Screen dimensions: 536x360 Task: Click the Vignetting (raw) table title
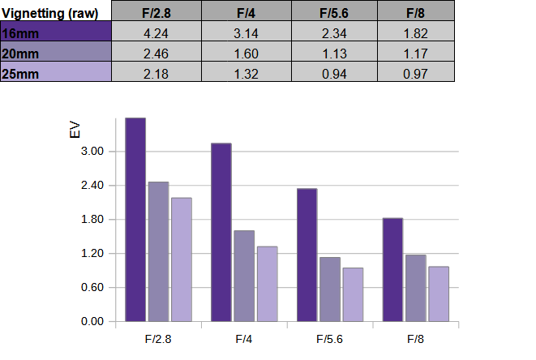50,14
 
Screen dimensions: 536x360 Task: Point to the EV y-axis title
75,131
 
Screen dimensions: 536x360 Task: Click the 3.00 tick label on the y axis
92,151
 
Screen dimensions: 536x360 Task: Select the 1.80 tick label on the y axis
92,219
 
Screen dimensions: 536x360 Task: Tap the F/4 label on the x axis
244,339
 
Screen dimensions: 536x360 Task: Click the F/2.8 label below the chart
158,339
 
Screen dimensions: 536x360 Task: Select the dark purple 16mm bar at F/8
392,270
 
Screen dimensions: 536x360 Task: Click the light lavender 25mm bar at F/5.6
353,294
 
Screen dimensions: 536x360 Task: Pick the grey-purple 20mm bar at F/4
244,276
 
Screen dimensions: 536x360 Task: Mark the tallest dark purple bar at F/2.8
135,220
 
